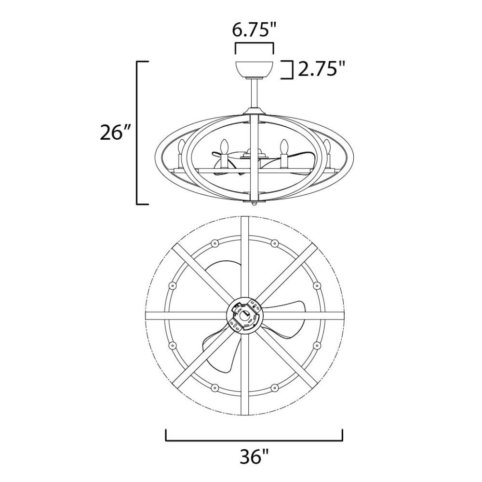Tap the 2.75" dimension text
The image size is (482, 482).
point(321,69)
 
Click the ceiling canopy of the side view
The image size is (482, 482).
point(254,69)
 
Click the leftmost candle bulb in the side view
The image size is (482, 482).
point(181,147)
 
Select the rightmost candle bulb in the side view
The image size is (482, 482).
point(326,147)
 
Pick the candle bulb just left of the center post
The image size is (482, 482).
point(224,147)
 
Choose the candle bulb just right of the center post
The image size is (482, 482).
point(284,147)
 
